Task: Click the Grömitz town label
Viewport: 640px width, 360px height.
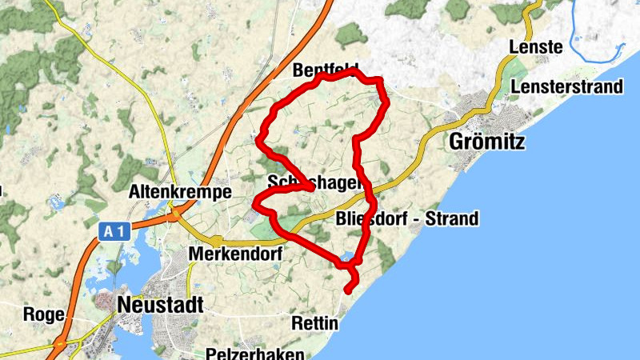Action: [x=487, y=142]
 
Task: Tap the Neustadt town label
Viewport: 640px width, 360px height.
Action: [x=160, y=305]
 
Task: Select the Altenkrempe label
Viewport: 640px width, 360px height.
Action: [x=180, y=193]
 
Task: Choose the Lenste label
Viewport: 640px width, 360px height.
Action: [x=536, y=48]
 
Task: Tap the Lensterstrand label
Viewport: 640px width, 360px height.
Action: [x=567, y=86]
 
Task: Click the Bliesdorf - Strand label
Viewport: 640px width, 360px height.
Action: [x=407, y=218]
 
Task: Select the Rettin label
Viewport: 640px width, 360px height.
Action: [x=315, y=324]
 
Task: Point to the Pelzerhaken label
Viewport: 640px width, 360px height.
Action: [x=254, y=353]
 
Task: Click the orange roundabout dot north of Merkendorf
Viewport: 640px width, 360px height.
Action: [x=216, y=239]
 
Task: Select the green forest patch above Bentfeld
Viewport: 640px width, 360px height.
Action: [x=350, y=34]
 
